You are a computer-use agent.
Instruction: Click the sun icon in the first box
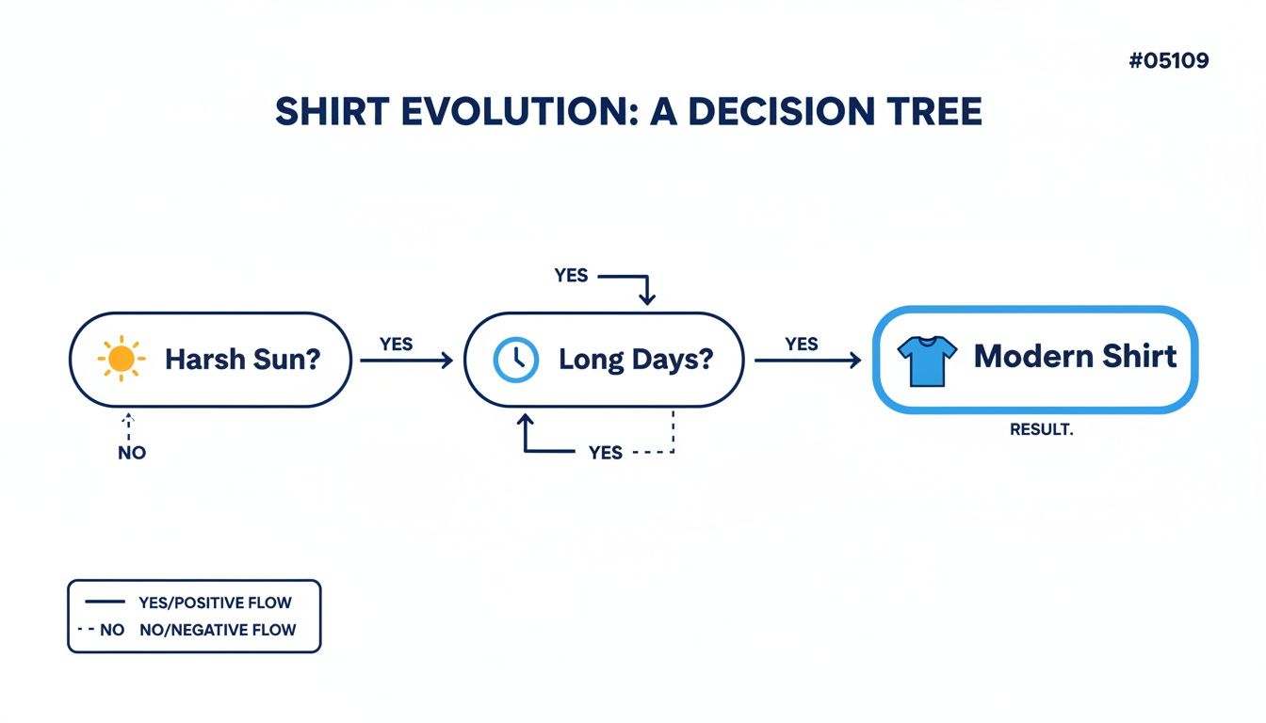click(122, 359)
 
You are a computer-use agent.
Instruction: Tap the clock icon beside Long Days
click(516, 360)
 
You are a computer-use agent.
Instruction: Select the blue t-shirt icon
click(927, 361)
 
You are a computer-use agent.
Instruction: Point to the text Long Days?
click(636, 360)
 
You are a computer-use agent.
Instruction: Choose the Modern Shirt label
click(1075, 357)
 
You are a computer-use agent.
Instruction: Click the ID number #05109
click(1168, 61)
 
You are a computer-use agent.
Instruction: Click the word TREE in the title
click(931, 112)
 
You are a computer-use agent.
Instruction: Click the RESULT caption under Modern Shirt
click(1041, 429)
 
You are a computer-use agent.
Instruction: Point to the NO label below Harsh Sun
click(132, 453)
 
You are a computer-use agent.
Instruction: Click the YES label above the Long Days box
click(571, 276)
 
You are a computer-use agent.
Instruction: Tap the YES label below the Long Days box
click(605, 453)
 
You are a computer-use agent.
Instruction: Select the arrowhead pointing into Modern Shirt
click(855, 361)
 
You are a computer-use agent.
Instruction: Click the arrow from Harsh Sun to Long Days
click(406, 361)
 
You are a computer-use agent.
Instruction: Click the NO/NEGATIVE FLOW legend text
click(218, 630)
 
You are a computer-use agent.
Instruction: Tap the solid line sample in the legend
click(105, 602)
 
